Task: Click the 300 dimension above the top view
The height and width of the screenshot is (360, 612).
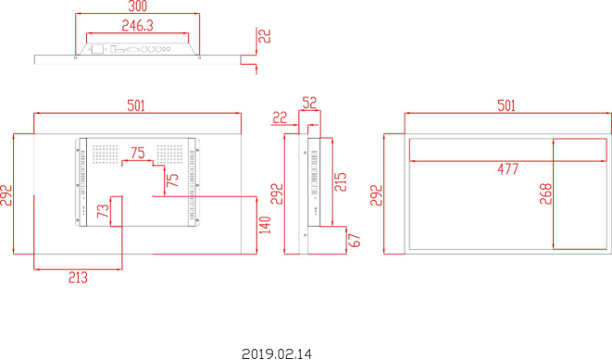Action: [x=138, y=6]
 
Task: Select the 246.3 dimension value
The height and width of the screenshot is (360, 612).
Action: [x=137, y=26]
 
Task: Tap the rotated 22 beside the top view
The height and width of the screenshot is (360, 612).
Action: [x=265, y=36]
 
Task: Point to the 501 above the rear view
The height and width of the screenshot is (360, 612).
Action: [x=136, y=106]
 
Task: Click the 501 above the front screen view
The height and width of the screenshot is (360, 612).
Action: [x=506, y=106]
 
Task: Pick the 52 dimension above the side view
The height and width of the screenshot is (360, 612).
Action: [x=309, y=103]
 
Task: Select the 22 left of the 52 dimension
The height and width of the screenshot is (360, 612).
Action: [x=280, y=118]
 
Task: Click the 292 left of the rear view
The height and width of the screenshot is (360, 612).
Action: [x=6, y=194]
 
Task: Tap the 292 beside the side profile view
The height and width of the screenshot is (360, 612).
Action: [x=277, y=193]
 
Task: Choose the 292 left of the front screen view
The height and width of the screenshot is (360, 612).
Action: [x=377, y=194]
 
